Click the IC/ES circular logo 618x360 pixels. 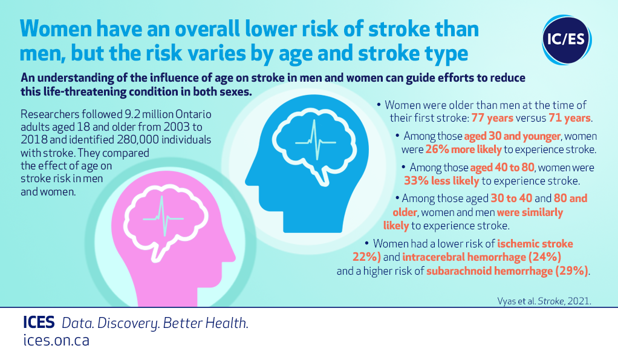[x=567, y=39]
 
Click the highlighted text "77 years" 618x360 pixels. [x=492, y=118]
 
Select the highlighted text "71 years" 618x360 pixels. [x=570, y=118]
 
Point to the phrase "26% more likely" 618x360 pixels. [x=463, y=149]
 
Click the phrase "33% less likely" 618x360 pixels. [x=441, y=181]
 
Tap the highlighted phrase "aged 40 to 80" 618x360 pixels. [x=502, y=168]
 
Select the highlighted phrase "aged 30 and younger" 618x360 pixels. [x=512, y=136]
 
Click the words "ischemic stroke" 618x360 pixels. [x=535, y=244]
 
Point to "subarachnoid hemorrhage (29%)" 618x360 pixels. [x=507, y=271]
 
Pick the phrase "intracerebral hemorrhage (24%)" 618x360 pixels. [x=481, y=257]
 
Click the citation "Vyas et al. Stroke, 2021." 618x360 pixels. [x=544, y=301]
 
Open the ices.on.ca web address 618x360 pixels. [x=56, y=340]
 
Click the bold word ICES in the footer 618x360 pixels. [x=39, y=322]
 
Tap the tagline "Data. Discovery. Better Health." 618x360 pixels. [x=155, y=323]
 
